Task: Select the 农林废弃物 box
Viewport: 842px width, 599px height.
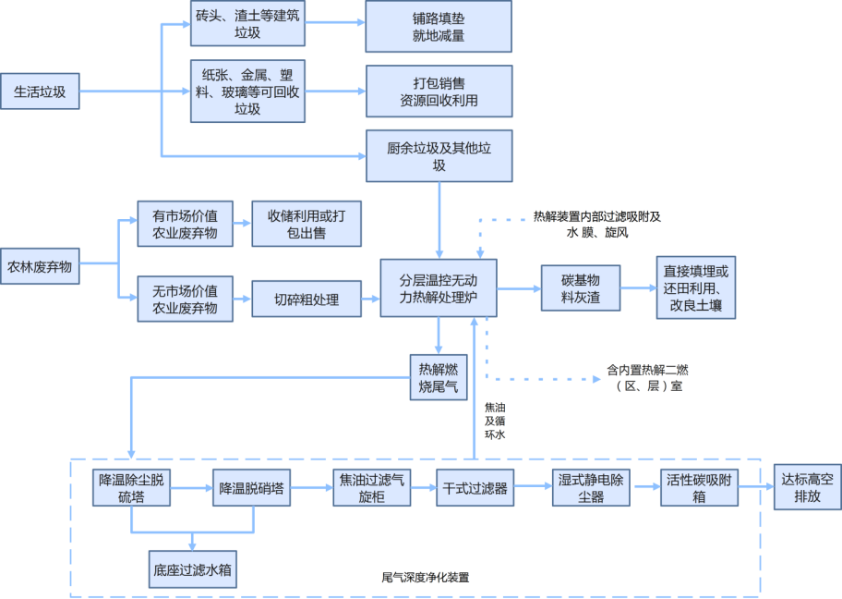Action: click(40, 267)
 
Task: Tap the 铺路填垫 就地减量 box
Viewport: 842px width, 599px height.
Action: click(439, 27)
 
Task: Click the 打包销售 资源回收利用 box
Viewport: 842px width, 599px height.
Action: click(439, 92)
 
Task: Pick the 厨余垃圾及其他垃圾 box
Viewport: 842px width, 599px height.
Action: click(439, 155)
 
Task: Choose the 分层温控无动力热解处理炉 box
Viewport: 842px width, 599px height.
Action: click(439, 288)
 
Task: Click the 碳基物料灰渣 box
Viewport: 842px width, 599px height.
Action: click(581, 288)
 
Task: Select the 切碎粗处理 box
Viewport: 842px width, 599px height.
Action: click(307, 299)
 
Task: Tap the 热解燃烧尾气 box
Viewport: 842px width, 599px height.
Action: click(439, 377)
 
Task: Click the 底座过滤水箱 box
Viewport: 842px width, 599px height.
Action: click(192, 569)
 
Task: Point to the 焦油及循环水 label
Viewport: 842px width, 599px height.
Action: click(495, 420)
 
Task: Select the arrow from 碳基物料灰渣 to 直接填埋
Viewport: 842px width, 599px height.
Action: click(638, 288)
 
